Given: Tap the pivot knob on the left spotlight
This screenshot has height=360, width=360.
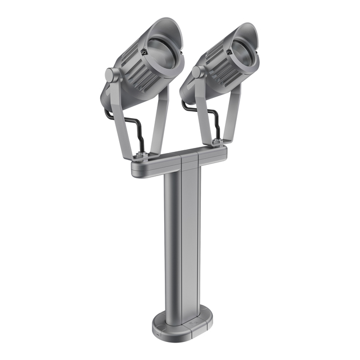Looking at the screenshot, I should [x=111, y=74].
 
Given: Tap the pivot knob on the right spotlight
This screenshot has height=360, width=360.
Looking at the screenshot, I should [x=197, y=72].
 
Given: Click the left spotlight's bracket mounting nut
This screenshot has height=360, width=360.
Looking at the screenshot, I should [x=142, y=156].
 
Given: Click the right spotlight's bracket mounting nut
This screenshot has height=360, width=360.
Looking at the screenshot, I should [x=217, y=142].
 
